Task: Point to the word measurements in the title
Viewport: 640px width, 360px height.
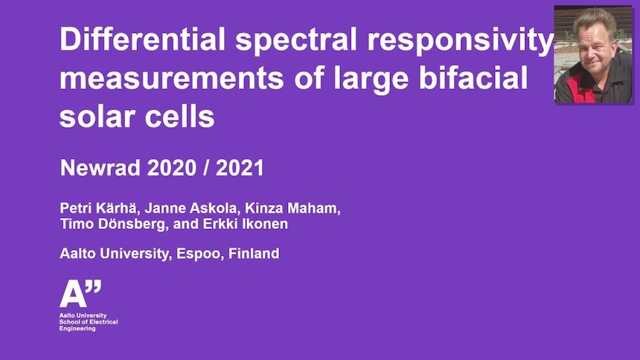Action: tap(167, 78)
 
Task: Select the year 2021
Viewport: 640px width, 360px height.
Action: tap(240, 168)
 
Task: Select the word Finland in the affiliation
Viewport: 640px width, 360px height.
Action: tap(255, 254)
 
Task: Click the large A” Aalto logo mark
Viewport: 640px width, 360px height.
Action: tap(79, 295)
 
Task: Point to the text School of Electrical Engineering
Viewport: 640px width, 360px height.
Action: tap(89, 325)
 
